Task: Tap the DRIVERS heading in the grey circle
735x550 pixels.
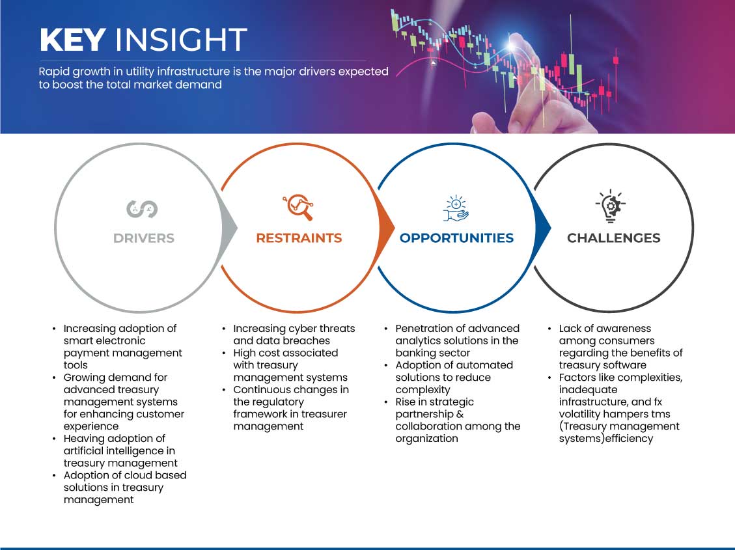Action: pyautogui.click(x=144, y=238)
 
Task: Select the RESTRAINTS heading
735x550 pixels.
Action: pyautogui.click(x=299, y=238)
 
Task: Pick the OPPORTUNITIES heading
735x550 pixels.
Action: pyautogui.click(x=456, y=238)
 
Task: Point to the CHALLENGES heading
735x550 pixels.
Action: pyautogui.click(x=614, y=238)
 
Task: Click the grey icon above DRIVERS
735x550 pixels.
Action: pyautogui.click(x=142, y=209)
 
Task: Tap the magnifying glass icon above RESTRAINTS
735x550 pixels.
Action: pyautogui.click(x=298, y=207)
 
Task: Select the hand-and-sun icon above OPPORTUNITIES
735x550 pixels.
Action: pyautogui.click(x=456, y=208)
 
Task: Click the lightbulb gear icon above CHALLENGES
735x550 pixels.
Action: pyautogui.click(x=610, y=206)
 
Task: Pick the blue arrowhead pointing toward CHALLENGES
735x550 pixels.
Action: pyautogui.click(x=543, y=228)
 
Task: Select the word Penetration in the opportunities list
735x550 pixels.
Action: pyautogui.click(x=425, y=329)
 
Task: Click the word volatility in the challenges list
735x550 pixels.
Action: pyautogui.click(x=579, y=414)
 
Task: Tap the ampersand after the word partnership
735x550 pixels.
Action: pyautogui.click(x=460, y=414)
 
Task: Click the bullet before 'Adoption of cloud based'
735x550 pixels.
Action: pyautogui.click(x=55, y=476)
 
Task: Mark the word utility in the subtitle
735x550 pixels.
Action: pyautogui.click(x=140, y=72)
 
